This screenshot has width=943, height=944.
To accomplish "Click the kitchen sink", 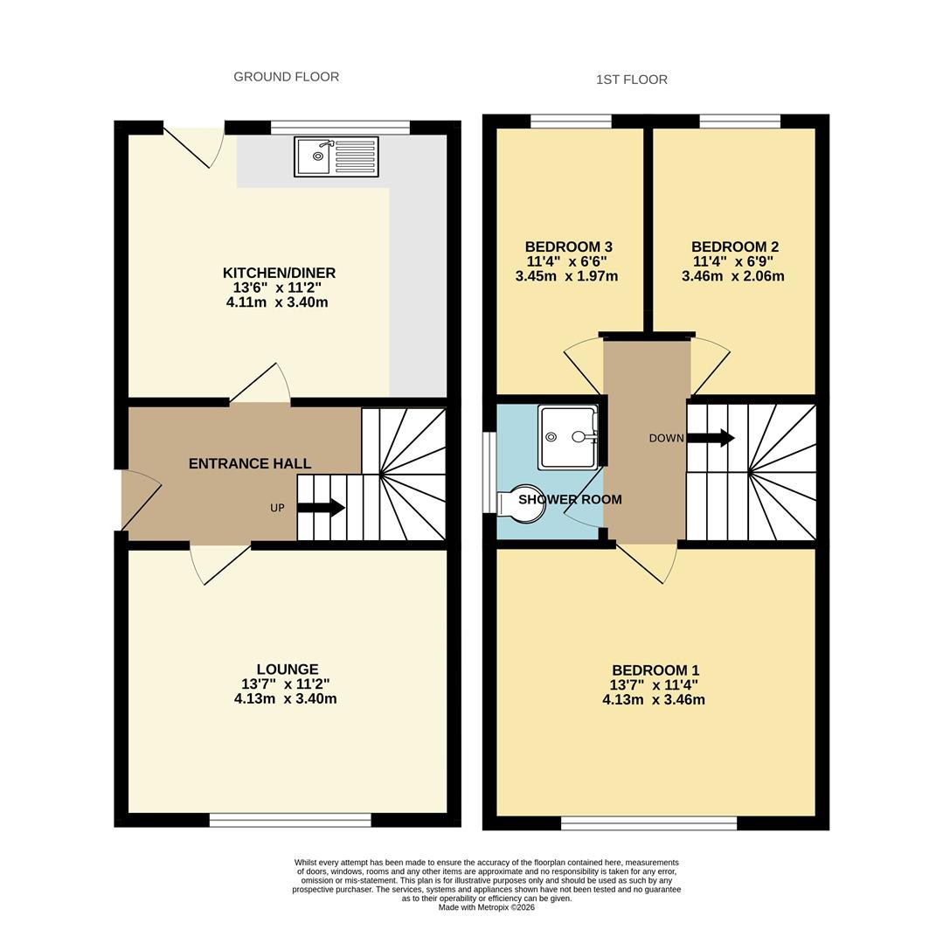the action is click(336, 157).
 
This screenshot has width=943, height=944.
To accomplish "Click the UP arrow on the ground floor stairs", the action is click(321, 508).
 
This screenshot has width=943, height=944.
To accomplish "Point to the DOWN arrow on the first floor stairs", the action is click(711, 438).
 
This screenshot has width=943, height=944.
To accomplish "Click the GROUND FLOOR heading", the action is click(287, 77).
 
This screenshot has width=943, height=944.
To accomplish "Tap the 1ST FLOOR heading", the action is click(631, 80).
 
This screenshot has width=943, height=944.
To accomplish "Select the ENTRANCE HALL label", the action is click(250, 463).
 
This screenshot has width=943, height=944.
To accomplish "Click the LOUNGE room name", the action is click(288, 669).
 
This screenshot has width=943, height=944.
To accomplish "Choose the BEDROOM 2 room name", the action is click(735, 246).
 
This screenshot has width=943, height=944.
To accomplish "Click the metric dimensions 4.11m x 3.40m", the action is click(277, 302).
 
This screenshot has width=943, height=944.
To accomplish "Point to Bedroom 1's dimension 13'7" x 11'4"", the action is click(654, 684).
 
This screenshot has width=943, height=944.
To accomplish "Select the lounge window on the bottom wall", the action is click(291, 819).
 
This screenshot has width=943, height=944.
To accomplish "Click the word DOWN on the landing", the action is click(666, 438).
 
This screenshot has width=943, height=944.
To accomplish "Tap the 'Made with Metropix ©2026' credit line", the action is click(486, 907).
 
